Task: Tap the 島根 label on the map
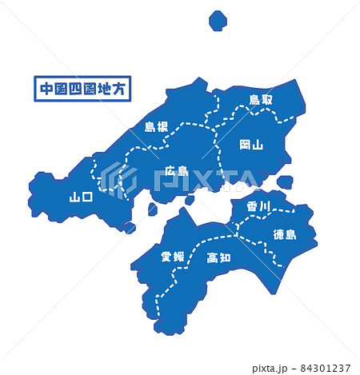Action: pos(155,126)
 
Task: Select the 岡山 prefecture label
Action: pos(251,145)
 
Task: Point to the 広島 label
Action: pos(176,170)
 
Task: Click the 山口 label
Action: pos(81,196)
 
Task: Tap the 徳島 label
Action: pos(284,234)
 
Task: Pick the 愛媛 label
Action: pos(172,257)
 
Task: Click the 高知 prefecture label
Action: pos(218,257)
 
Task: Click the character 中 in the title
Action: pos(46,87)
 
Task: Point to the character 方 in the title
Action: pos(122,87)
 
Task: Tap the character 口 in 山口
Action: pos(87,196)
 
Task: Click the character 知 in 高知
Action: pos(225,257)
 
